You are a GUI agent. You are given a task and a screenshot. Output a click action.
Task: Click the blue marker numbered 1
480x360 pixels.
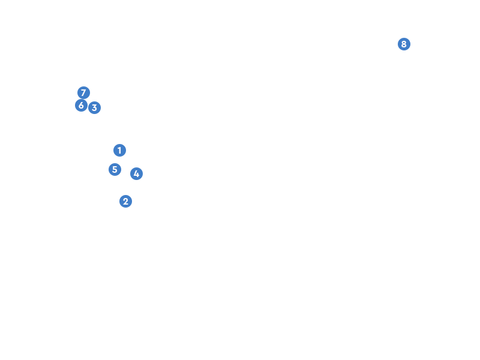(119, 151)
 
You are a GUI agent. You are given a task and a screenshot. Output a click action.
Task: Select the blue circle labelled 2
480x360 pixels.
(125, 202)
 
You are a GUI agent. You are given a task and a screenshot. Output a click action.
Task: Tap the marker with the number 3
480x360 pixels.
(94, 108)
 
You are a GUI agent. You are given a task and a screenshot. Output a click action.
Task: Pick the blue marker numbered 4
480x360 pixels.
(136, 174)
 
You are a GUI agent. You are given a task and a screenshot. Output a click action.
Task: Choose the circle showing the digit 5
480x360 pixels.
(115, 170)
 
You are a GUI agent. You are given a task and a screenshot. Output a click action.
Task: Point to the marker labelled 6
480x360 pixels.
(81, 106)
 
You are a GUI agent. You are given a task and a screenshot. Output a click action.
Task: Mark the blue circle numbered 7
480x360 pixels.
(83, 93)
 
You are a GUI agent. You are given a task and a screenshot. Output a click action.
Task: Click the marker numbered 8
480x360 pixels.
(404, 44)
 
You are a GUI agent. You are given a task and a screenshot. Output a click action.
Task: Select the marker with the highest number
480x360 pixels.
(404, 44)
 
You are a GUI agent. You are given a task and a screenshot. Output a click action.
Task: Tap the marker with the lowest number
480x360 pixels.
(119, 151)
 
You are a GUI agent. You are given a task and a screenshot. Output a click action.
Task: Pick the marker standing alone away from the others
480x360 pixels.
(404, 44)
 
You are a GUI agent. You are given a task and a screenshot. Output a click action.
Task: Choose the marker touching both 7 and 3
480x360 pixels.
(81, 106)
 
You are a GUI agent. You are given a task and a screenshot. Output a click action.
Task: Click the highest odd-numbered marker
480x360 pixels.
(83, 93)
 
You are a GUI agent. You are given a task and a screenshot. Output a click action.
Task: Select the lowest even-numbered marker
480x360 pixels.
(125, 202)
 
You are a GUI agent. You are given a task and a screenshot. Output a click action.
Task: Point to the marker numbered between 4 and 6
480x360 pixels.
(115, 170)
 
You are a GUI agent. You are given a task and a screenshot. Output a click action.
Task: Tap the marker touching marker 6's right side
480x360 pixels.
(94, 108)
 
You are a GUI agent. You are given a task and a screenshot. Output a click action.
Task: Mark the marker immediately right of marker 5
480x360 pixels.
(136, 174)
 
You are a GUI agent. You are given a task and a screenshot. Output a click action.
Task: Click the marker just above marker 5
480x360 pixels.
(119, 151)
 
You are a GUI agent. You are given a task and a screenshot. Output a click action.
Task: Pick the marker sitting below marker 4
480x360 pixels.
(125, 202)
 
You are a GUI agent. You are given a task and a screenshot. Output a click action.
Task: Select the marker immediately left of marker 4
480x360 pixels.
(115, 170)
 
